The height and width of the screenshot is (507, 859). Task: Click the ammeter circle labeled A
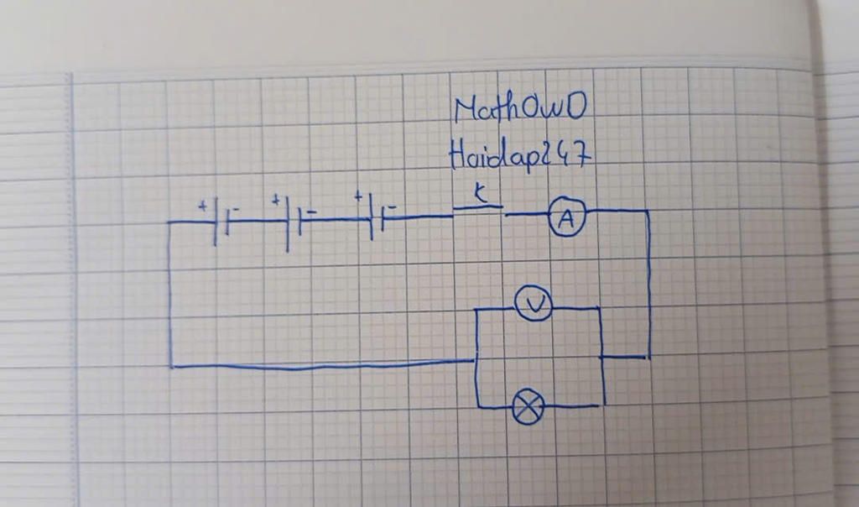pos(567,220)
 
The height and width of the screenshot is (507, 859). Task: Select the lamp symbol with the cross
pos(528,408)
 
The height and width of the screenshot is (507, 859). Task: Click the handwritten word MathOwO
pos(519,109)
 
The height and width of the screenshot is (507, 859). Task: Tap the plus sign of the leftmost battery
pos(202,205)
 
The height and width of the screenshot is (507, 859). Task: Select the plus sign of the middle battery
pos(274,201)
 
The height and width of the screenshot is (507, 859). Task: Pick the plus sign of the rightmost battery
pos(358,198)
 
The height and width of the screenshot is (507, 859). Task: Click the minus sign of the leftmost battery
pos(236,206)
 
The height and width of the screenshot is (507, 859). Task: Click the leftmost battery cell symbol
pos(221,222)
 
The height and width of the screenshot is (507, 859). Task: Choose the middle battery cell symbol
pos(293,222)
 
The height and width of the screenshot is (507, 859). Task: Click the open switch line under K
pos(478,206)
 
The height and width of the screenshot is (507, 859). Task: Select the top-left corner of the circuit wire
pos(169,222)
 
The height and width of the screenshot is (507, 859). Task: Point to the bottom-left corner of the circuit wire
pos(171,366)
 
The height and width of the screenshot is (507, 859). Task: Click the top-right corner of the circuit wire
pos(648,212)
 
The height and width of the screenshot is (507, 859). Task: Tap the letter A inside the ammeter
pos(567,220)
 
